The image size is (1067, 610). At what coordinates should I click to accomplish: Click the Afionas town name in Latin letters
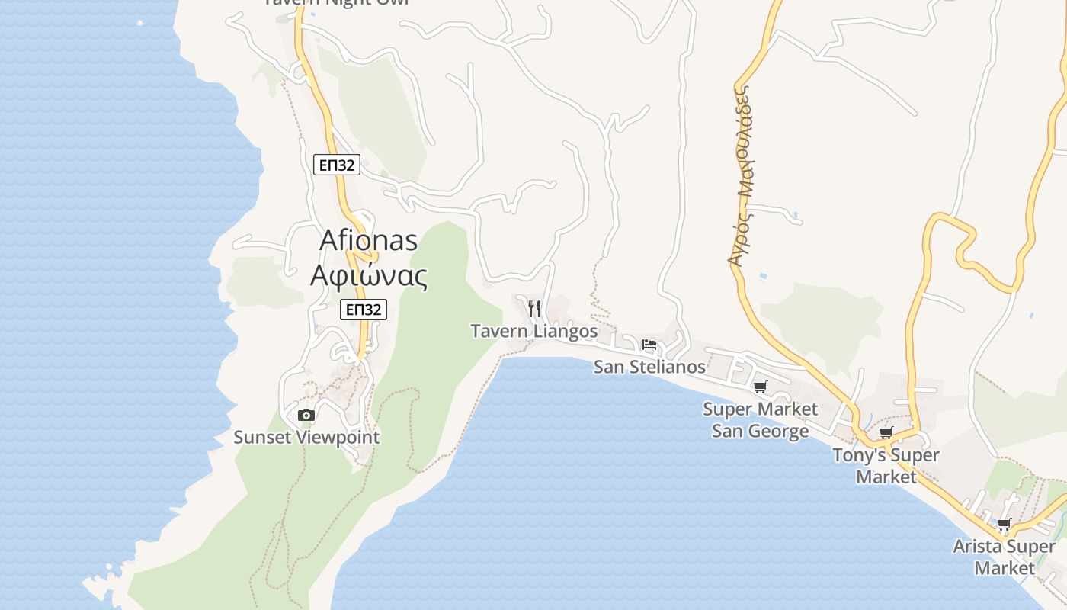click(369, 240)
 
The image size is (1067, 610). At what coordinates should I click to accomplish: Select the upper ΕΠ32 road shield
click(336, 164)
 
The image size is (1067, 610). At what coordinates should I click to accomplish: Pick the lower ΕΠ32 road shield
click(364, 309)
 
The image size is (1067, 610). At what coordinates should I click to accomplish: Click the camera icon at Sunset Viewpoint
click(306, 416)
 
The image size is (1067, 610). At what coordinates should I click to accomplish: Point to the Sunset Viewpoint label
click(306, 438)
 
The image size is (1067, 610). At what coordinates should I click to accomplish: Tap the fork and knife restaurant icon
click(534, 308)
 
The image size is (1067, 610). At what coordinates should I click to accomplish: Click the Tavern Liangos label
click(534, 331)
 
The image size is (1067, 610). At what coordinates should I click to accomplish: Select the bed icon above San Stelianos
click(649, 345)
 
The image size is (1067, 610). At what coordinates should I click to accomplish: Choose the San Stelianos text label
click(649, 367)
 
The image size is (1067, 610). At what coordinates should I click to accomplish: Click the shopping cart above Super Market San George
click(760, 387)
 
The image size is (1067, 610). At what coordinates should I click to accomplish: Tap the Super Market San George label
click(760, 420)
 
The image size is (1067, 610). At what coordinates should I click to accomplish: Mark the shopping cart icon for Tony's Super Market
click(886, 433)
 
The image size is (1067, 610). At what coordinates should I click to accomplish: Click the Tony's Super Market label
click(886, 466)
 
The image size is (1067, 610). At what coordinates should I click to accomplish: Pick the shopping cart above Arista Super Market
click(1005, 525)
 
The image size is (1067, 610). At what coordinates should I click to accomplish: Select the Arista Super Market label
click(1005, 557)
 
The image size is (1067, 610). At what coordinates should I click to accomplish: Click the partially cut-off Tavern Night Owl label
click(335, 2)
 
